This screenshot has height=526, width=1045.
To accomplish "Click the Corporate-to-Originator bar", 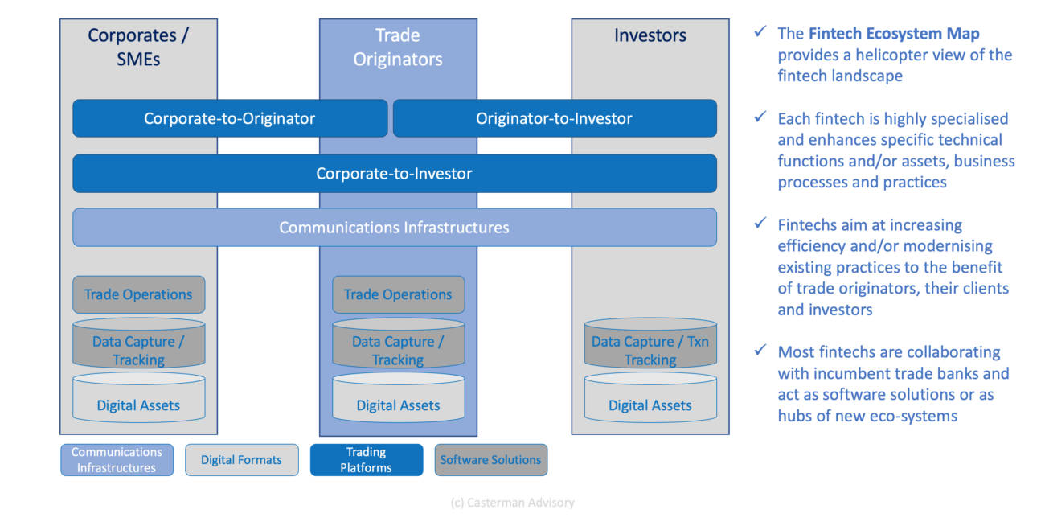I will [x=230, y=118].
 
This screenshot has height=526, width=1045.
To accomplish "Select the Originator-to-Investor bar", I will [x=554, y=118].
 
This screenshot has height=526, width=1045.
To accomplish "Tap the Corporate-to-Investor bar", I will [x=394, y=173].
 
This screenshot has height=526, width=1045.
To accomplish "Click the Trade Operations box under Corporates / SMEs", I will [x=138, y=294].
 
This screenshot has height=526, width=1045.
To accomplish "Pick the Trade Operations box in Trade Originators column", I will [x=398, y=294].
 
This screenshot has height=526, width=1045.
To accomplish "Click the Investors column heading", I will [x=650, y=35].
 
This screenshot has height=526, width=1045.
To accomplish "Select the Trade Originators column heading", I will [x=398, y=47].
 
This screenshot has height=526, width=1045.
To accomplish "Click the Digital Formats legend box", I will [x=241, y=460].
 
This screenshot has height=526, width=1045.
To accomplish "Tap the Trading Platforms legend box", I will [x=366, y=460].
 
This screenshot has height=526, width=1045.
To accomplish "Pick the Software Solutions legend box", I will [x=490, y=460].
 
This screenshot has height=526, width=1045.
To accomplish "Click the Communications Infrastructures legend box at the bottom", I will [x=117, y=460].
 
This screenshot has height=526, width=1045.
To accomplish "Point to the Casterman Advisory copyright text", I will [x=512, y=503].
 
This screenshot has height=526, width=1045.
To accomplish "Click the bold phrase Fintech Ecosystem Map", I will [x=894, y=34].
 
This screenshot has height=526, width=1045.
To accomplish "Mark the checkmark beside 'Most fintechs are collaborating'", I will [x=760, y=351].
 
